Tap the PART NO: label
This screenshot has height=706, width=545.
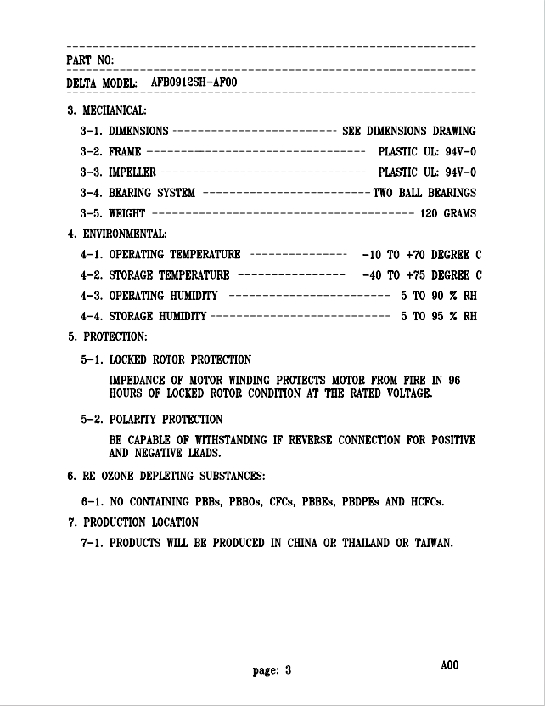(90, 59)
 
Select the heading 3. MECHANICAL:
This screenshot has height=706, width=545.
(107, 110)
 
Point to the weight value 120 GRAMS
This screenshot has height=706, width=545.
(448, 213)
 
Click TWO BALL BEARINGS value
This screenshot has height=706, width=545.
(424, 193)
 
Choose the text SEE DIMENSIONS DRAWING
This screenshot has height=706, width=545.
(408, 132)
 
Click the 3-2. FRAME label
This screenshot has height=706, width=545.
(110, 152)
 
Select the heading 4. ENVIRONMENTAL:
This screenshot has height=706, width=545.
(117, 234)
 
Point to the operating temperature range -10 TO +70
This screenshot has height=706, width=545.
(393, 254)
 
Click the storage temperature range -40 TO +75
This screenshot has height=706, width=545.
(393, 275)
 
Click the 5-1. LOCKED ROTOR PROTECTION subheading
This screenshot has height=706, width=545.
(166, 359)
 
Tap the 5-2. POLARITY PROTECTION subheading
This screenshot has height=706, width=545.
(152, 420)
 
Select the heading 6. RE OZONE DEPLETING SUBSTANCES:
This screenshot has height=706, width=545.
(166, 475)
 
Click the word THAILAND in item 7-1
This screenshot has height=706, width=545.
(366, 543)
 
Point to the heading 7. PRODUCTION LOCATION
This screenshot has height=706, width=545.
(133, 522)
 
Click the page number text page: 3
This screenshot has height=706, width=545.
(272, 670)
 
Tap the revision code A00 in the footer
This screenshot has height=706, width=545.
(449, 665)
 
